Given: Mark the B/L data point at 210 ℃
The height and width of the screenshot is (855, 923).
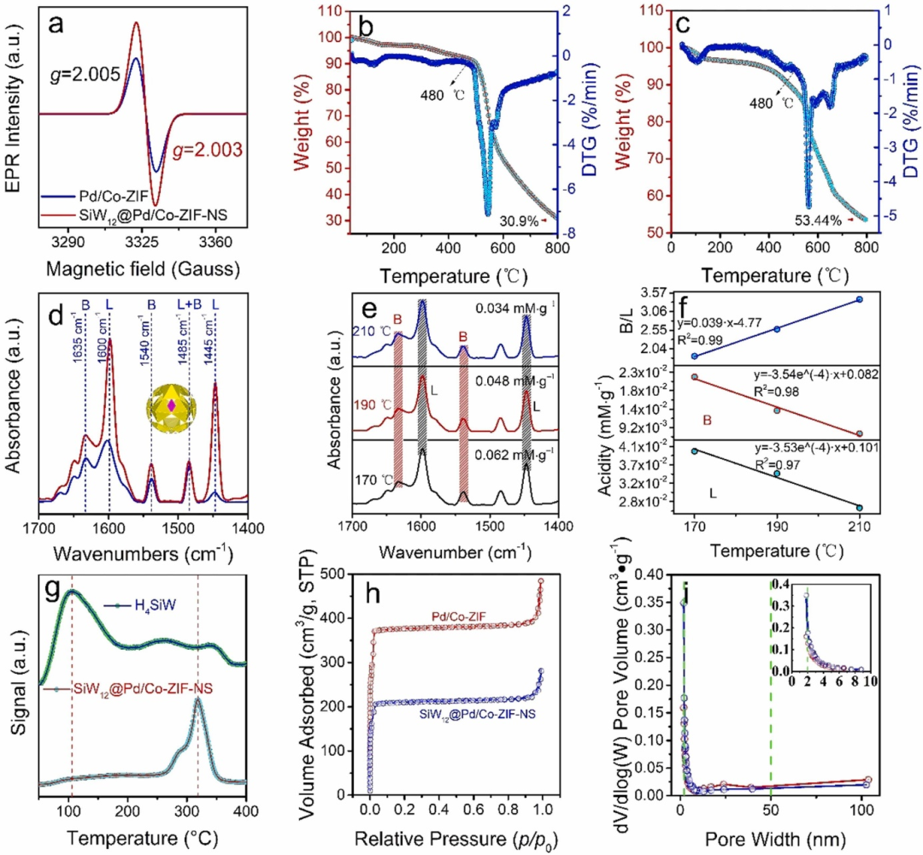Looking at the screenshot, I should (x=859, y=299).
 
